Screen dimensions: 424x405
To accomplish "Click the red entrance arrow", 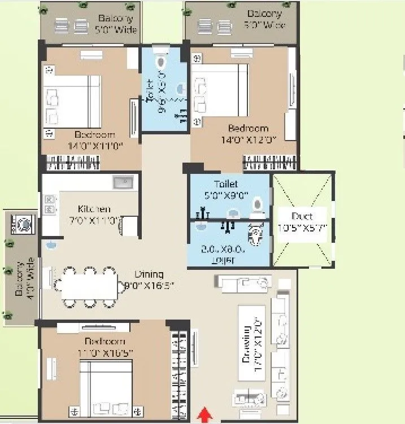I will coord(204,416).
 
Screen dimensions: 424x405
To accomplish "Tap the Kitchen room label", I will coord(94,209).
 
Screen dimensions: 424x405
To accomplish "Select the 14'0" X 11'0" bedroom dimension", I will coord(94,146).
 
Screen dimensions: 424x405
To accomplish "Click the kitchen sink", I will coord(123,182).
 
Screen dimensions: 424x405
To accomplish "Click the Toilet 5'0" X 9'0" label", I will coord(226,189).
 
